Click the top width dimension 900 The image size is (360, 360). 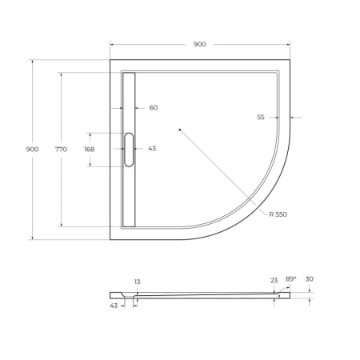[x=199, y=44]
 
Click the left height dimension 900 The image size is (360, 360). [x=33, y=150]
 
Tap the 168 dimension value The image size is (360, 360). [x=89, y=150]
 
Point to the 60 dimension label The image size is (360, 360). [x=154, y=108]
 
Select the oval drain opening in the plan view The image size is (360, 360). [x=129, y=150]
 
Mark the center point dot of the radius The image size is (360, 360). [x=180, y=128]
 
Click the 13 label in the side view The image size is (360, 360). [x=138, y=282]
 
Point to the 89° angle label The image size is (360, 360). [x=291, y=278]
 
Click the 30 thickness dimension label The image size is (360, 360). [x=310, y=278]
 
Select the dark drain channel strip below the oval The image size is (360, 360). [x=129, y=196]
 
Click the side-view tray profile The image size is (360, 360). [x=200, y=294]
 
